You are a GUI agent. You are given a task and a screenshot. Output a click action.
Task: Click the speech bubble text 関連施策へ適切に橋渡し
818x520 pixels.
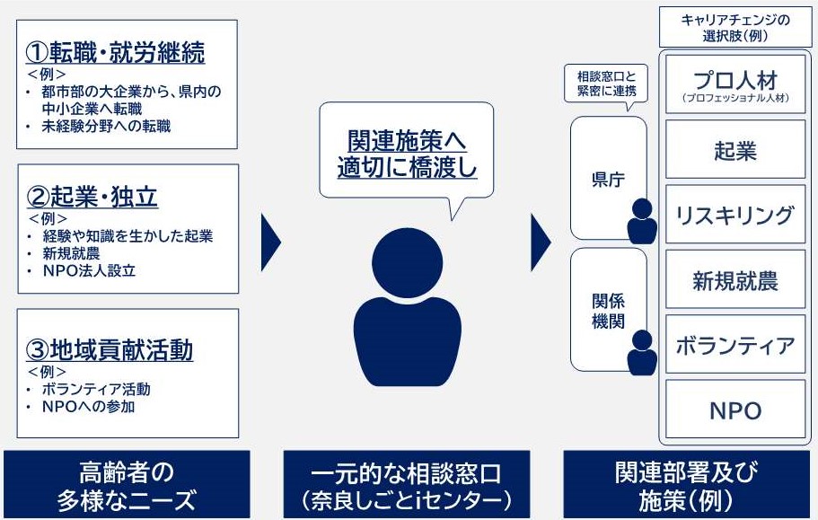coord(407,154)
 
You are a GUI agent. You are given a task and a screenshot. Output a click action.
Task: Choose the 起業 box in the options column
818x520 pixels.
coord(735,150)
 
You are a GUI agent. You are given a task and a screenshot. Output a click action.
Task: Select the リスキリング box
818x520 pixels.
coord(735,216)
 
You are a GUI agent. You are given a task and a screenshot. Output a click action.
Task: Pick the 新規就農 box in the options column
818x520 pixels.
coord(735,281)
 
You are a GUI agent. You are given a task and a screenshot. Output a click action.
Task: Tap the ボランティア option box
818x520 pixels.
coord(735,346)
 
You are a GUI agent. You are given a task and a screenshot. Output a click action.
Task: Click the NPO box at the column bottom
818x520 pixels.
coord(735,411)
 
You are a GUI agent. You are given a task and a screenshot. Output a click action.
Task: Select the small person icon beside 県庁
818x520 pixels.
coord(642,220)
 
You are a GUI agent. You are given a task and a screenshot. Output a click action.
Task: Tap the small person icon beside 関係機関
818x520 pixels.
coord(642,352)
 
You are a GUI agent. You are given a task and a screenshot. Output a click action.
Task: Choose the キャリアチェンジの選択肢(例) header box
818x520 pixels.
coord(735,29)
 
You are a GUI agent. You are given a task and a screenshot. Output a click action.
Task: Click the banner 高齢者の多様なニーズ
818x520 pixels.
coord(127,484)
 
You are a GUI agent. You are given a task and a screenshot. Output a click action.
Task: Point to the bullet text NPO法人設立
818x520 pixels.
coord(89,270)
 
